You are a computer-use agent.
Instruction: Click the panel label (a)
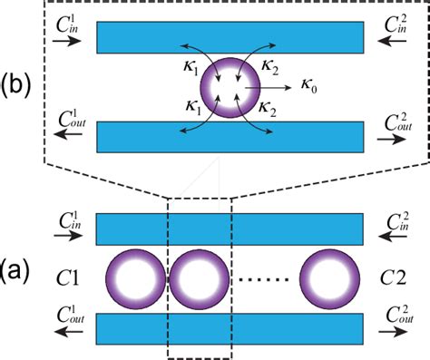click(x=19, y=271)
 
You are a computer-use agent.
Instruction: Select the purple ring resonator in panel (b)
click(x=230, y=87)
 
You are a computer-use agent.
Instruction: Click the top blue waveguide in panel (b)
click(x=230, y=35)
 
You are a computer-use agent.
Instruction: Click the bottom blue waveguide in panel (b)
click(x=230, y=136)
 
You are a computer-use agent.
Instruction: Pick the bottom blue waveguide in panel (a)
click(x=230, y=323)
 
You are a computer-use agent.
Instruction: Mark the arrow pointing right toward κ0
click(x=276, y=86)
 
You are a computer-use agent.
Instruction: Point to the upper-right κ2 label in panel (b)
click(x=267, y=66)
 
